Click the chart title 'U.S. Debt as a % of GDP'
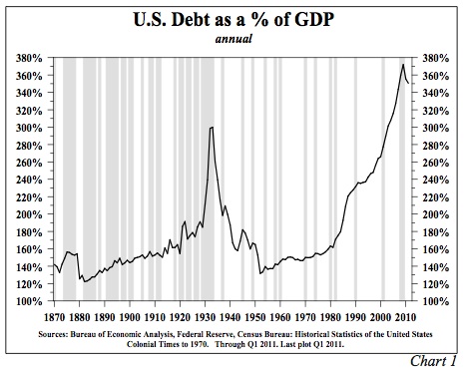[232, 20]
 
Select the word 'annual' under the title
[232, 40]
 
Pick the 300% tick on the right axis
[436, 128]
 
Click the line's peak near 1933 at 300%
[212, 128]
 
